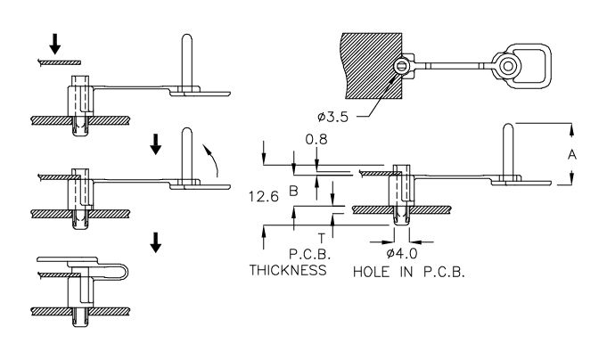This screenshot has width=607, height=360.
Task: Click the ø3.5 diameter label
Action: pos(332,117)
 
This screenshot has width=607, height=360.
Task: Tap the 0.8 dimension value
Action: pos(316,139)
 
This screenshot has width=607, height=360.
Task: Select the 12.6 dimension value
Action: pos(263,197)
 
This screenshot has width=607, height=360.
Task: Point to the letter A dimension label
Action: pos(571,154)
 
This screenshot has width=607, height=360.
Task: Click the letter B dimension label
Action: pos(294,191)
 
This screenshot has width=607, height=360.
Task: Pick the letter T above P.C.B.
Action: pos(321,238)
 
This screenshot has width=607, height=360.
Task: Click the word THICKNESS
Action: pos(288,270)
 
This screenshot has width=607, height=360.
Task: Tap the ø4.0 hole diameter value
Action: pos(402,254)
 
